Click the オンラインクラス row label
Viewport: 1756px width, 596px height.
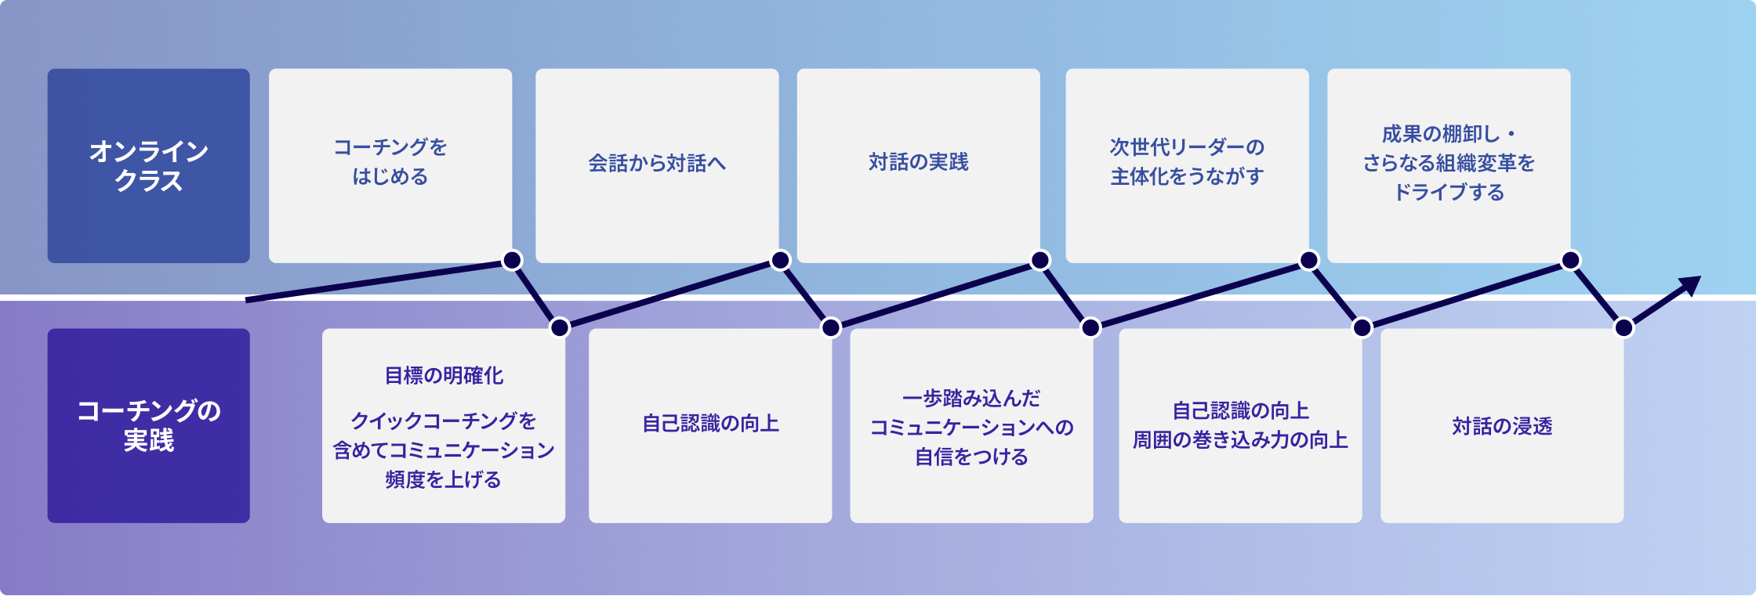coord(148,165)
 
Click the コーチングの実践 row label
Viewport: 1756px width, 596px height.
coord(148,425)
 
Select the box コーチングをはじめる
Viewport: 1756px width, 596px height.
coord(390,165)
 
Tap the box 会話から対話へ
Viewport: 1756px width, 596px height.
coord(657,165)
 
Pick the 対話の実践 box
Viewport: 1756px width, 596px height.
coord(918,165)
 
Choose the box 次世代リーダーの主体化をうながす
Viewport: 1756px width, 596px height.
coord(1187,165)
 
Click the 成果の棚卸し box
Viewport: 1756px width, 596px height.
coord(1449,165)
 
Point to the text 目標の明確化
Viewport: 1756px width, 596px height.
coord(444,376)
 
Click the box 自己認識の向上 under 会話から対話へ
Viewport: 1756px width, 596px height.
coord(710,425)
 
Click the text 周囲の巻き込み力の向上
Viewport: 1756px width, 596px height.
coord(1240,441)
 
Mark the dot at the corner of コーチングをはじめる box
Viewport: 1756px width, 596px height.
coord(512,260)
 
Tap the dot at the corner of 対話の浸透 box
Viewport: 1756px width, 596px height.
coord(1624,327)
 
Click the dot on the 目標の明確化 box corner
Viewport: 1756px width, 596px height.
coord(560,327)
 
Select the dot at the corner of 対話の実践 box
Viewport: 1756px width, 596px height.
coord(1040,260)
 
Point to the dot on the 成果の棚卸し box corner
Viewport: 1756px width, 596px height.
coord(1571,260)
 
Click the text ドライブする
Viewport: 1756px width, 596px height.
coord(1449,193)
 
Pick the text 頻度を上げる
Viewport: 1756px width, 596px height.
coord(443,479)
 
